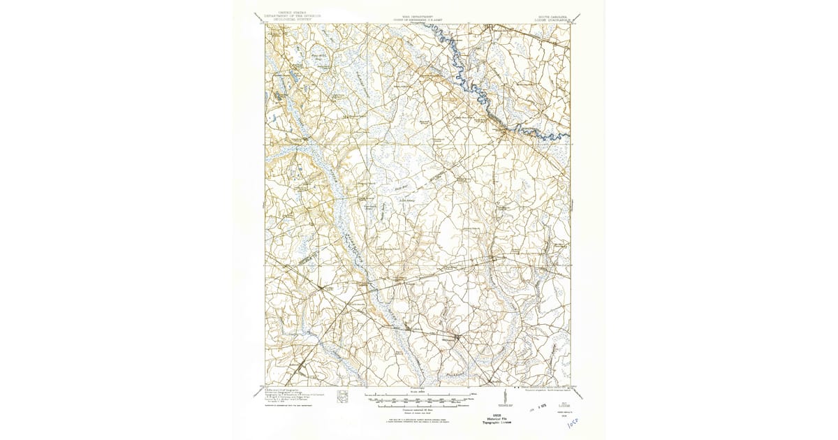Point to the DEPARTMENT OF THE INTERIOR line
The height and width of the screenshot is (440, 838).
[x=295, y=16]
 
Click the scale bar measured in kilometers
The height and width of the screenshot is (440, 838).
[x=418, y=404]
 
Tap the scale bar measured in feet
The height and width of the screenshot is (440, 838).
[x=418, y=399]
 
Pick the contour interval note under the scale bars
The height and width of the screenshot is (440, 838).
[x=418, y=410]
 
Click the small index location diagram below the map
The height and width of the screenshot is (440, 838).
[x=342, y=397]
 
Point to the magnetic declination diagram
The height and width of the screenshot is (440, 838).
[x=504, y=397]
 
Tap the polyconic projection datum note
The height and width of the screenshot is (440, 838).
[x=550, y=389]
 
